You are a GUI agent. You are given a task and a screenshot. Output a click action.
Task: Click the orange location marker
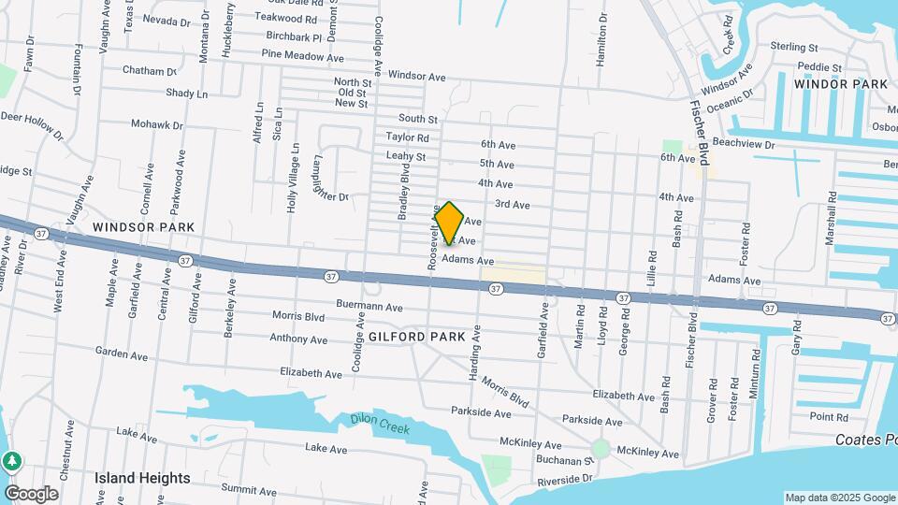pyautogui.click(x=450, y=223)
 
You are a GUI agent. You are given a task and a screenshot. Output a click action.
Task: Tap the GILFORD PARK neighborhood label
pyautogui.click(x=417, y=337)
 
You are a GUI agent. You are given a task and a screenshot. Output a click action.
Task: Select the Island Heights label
pyautogui.click(x=142, y=478)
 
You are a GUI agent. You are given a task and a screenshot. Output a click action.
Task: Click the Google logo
pyautogui.click(x=32, y=494)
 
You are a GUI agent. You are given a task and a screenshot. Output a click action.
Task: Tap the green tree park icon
pyautogui.click(x=11, y=461)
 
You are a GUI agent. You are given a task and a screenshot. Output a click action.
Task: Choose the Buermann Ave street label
pyautogui.click(x=369, y=307)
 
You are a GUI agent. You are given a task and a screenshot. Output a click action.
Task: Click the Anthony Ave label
pyautogui.click(x=300, y=339)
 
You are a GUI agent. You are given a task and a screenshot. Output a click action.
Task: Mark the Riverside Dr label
pyautogui.click(x=565, y=480)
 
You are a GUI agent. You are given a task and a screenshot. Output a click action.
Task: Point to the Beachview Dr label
pyautogui.click(x=744, y=145)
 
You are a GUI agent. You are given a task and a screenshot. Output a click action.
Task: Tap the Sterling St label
pyautogui.click(x=794, y=46)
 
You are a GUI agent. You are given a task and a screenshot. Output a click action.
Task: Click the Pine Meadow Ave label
pyautogui.click(x=303, y=57)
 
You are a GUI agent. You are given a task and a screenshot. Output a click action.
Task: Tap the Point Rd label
pyautogui.click(x=829, y=417)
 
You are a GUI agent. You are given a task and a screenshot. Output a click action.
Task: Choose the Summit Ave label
pyautogui.click(x=249, y=491)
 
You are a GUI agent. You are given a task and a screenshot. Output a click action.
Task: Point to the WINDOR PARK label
pyautogui.click(x=840, y=84)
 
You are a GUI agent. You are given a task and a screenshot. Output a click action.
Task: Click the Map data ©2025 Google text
pyautogui.click(x=840, y=498)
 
